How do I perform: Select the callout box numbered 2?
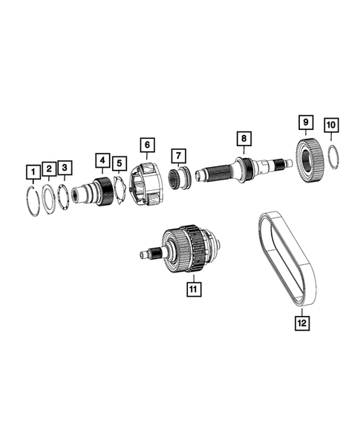[48, 169]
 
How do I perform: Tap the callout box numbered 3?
[65, 168]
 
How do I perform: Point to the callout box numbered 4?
[101, 159]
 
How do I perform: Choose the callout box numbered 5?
[120, 162]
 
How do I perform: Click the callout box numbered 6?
[147, 144]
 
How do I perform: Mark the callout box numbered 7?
[178, 156]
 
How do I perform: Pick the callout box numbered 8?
[242, 137]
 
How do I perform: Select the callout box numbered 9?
[304, 121]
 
